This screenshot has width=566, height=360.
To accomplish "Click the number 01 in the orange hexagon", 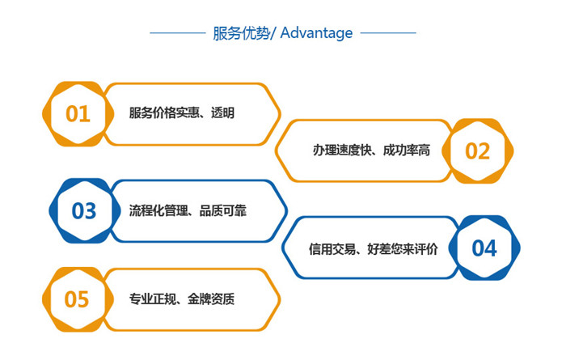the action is click(x=78, y=114).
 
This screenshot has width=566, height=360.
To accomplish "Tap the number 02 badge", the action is click(x=477, y=151).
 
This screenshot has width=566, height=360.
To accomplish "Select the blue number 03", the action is click(x=84, y=211).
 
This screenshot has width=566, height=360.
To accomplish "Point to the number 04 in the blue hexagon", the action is click(x=484, y=248).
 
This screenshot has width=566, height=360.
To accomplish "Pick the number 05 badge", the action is click(x=77, y=299).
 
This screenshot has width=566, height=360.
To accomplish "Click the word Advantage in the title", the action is click(x=316, y=33).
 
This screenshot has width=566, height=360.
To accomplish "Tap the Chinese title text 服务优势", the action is click(x=241, y=33).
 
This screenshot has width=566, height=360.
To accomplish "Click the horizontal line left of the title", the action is click(x=178, y=33).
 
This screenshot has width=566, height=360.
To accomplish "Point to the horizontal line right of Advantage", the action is click(x=388, y=33).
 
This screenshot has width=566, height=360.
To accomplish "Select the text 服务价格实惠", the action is click(x=164, y=113).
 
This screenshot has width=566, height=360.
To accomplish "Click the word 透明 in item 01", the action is click(x=222, y=113).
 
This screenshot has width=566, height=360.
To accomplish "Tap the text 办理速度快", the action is click(x=342, y=150).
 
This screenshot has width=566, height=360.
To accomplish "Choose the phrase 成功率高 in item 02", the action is click(x=407, y=150).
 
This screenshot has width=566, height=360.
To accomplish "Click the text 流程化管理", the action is click(x=158, y=210).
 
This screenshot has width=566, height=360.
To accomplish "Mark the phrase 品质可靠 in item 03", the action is click(x=223, y=210).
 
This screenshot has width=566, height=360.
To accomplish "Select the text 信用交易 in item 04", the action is click(x=332, y=249).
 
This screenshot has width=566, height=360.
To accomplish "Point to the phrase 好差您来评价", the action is click(x=403, y=249).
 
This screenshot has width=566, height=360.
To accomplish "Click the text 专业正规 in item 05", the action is click(x=153, y=299).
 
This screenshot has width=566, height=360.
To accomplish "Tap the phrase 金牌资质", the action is click(x=211, y=299).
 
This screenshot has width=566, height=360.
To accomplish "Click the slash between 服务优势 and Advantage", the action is click(x=273, y=33).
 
